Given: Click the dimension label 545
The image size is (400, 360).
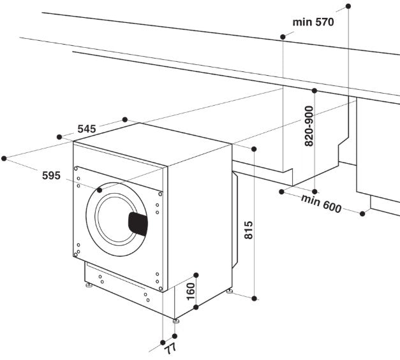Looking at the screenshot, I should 86,129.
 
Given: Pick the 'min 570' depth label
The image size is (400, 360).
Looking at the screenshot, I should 313,22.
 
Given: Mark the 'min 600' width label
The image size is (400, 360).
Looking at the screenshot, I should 322,203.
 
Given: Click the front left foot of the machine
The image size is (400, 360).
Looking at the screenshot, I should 88,287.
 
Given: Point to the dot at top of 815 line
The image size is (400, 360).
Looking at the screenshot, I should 254,148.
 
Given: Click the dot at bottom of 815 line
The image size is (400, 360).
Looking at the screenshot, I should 254,298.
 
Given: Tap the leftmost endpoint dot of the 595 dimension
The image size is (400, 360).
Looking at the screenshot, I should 4,157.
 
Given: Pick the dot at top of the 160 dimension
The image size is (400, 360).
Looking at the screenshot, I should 196,275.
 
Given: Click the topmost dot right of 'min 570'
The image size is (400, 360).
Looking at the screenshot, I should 348,6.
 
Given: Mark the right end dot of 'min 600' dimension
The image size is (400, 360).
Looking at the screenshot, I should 362,213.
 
